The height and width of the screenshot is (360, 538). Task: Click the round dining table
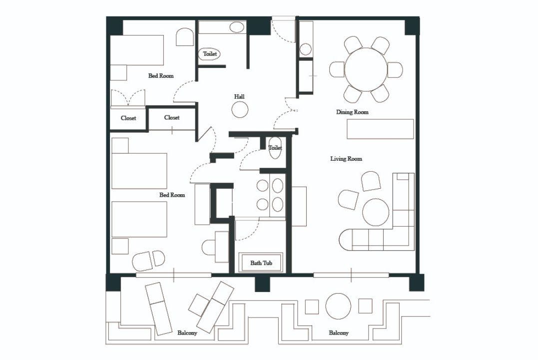click(x=366, y=69)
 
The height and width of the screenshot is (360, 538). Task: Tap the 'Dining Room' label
click(x=352, y=112)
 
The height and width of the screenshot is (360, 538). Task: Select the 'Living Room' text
click(x=346, y=159)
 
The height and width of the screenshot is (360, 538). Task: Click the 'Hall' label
click(x=239, y=97)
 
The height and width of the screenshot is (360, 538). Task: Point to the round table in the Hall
click(x=240, y=110)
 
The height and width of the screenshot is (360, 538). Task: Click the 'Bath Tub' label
click(x=261, y=263)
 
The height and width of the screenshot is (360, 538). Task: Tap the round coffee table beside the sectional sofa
click(x=376, y=212)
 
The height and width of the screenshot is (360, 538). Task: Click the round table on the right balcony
click(x=338, y=306)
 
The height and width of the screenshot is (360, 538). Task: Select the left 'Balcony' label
click(x=187, y=333)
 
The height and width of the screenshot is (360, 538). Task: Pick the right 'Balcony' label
click(x=339, y=333)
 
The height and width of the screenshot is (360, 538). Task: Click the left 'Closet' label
click(x=128, y=118)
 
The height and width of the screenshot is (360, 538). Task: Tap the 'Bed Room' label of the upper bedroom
click(x=161, y=76)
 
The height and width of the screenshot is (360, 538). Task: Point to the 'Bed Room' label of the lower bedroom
click(x=172, y=195)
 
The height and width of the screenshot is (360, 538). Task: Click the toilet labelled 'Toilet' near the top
click(x=210, y=54)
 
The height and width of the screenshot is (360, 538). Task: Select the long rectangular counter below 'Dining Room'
click(x=380, y=129)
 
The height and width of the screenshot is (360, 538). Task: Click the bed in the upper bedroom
click(x=136, y=50)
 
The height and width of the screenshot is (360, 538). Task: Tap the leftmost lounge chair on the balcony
click(x=158, y=309)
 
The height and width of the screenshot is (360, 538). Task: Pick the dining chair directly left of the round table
click(x=337, y=69)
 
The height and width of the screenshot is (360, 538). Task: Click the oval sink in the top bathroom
click(x=236, y=27)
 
